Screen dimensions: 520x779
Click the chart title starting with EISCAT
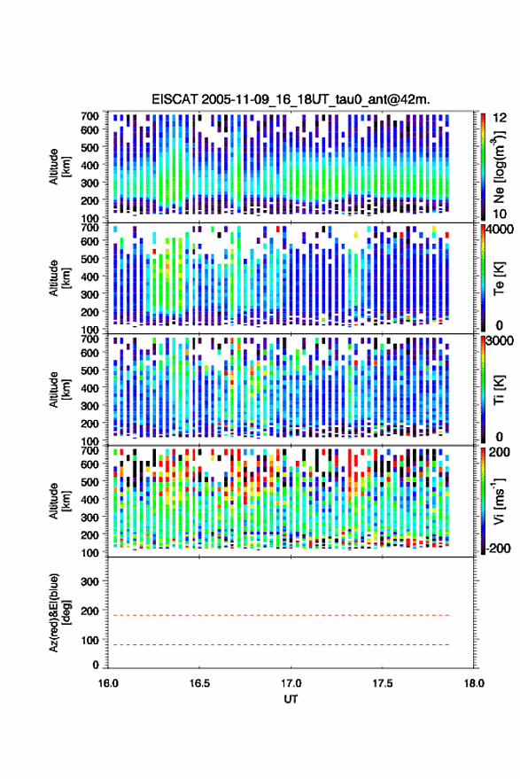(291, 99)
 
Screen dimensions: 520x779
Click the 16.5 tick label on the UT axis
(199, 683)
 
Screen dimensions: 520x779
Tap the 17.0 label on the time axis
(291, 683)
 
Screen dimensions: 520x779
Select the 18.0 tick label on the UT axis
(474, 683)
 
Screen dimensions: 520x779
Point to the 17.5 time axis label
(382, 683)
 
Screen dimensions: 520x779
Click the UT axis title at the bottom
(291, 699)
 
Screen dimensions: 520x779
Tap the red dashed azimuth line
(279, 615)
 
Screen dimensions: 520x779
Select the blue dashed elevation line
(279, 644)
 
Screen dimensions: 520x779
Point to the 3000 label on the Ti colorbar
(500, 341)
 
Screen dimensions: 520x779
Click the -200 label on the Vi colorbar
(496, 548)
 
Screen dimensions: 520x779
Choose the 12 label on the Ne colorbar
(500, 118)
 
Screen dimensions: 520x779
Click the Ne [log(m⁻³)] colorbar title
(499, 167)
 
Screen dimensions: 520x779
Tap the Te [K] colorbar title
(499, 278)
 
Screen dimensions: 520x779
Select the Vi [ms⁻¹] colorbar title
(499, 501)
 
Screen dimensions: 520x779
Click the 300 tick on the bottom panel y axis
(89, 581)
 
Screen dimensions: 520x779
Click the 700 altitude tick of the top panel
(89, 116)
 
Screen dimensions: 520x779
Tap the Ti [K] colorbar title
(499, 390)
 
